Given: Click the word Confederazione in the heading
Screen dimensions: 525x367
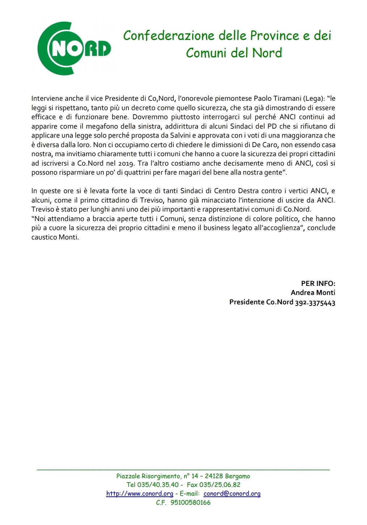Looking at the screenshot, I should pyautogui.click(x=169, y=36).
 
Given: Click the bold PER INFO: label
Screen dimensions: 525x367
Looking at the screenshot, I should pyautogui.click(x=318, y=283).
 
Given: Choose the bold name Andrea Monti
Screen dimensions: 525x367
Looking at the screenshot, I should pyautogui.click(x=313, y=292).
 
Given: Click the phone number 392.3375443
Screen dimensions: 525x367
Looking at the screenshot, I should pyautogui.click(x=315, y=302).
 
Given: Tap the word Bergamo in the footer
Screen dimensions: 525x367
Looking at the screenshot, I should pyautogui.click(x=237, y=476).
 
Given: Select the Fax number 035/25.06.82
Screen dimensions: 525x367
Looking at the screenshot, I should pyautogui.click(x=220, y=485).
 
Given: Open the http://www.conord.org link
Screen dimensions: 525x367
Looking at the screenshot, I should pyautogui.click(x=140, y=493).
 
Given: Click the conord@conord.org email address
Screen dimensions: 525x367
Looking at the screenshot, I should pyautogui.click(x=232, y=493).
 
